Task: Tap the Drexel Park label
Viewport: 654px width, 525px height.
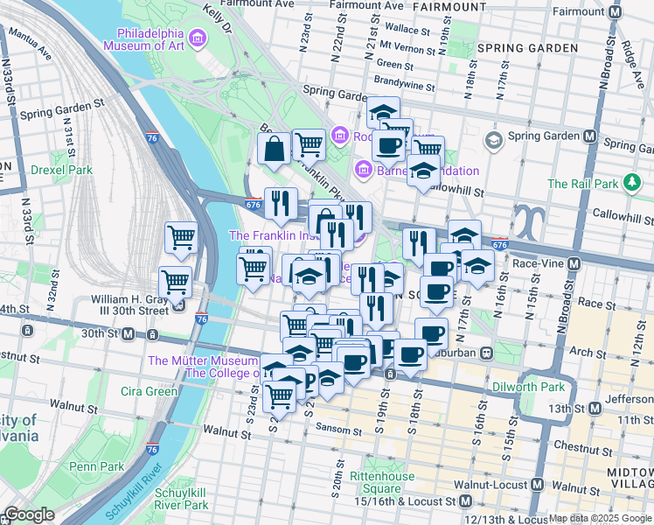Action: [x=61, y=169]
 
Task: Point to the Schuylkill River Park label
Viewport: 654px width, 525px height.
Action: [x=182, y=499]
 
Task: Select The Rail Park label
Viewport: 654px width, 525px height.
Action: [x=582, y=184]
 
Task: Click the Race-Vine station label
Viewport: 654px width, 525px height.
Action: [x=537, y=262]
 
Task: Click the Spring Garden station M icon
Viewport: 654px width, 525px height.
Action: [x=590, y=136]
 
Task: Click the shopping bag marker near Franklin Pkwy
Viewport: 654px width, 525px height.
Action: [x=275, y=149]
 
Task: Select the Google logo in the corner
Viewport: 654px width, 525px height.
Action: [x=28, y=515]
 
